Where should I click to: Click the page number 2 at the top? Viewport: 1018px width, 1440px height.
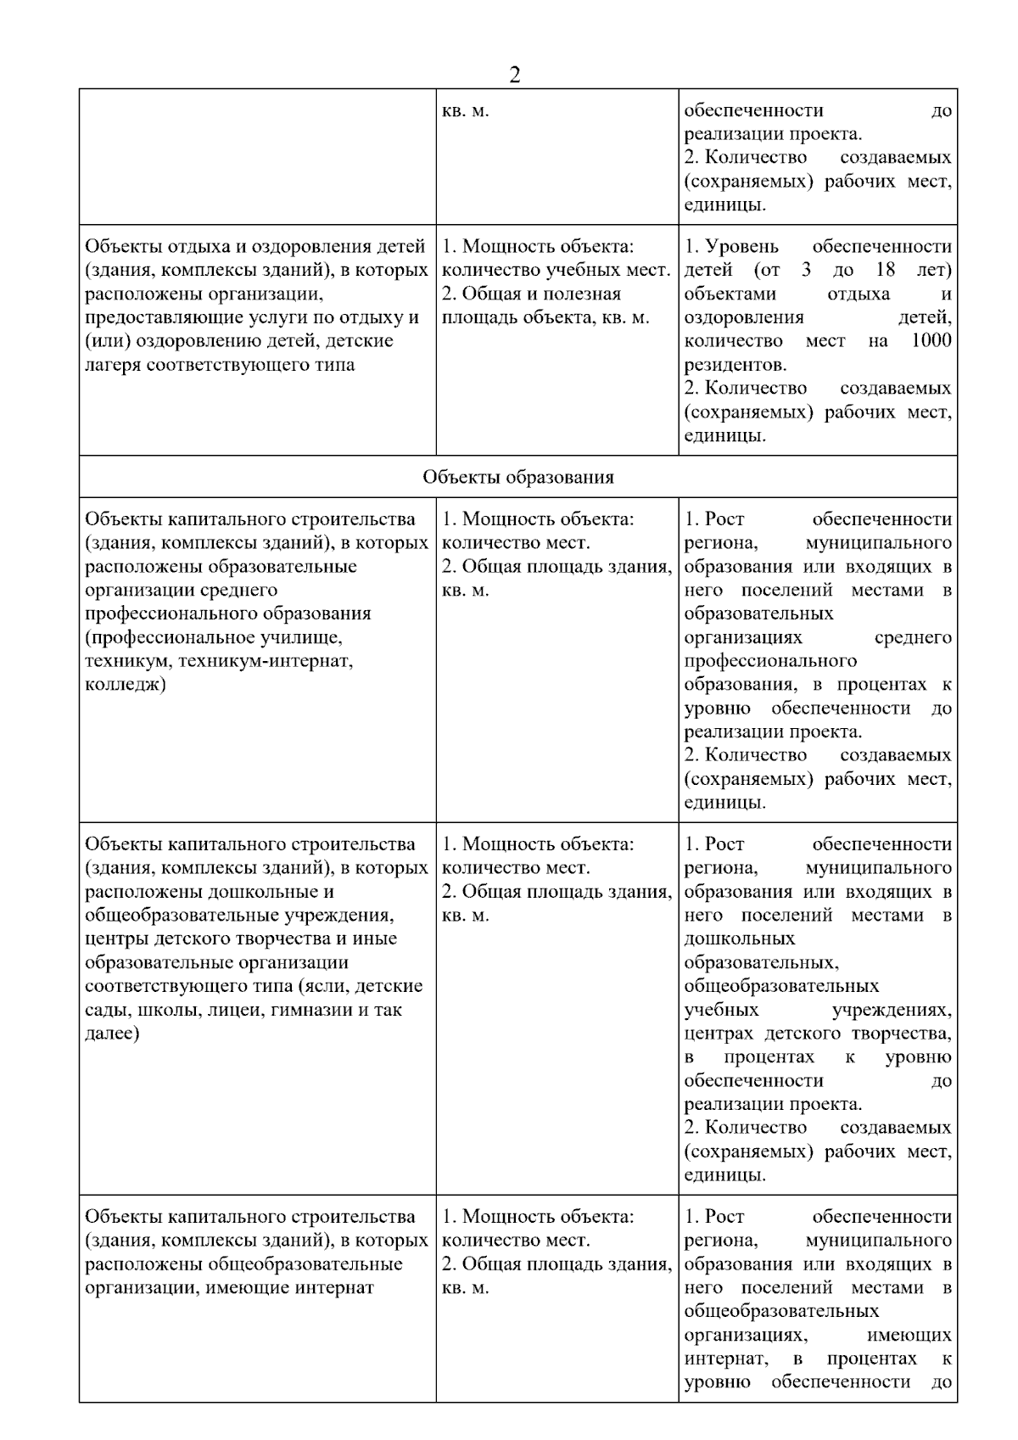(514, 76)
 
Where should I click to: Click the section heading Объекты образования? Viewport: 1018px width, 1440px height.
(518, 477)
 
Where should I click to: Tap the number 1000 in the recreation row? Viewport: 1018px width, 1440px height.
(931, 341)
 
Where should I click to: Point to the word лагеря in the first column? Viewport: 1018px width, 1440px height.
(113, 365)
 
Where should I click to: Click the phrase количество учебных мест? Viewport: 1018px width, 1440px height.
(557, 270)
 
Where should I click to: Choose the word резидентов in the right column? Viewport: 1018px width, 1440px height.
(735, 365)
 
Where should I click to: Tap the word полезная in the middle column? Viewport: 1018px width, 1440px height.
(585, 294)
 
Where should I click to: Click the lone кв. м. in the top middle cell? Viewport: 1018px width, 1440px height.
(466, 110)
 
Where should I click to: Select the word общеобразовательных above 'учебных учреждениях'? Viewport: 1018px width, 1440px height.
(781, 986)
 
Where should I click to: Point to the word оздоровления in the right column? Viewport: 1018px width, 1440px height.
(744, 317)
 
